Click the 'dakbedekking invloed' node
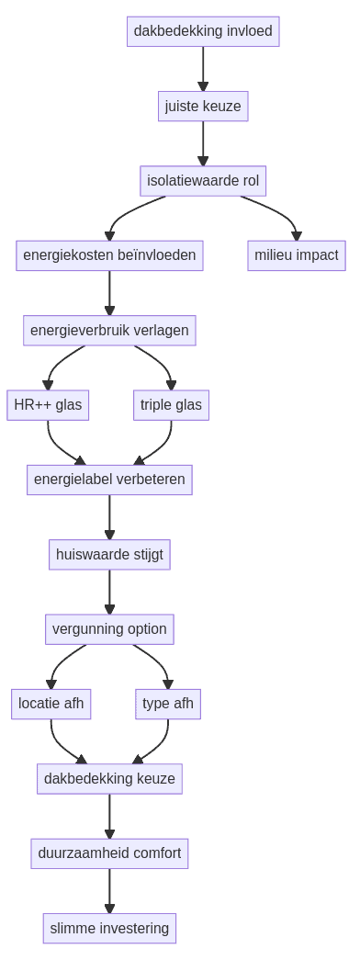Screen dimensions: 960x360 tap(203, 31)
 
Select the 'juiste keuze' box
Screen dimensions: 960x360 tap(203, 107)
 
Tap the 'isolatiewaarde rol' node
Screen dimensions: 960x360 tap(203, 181)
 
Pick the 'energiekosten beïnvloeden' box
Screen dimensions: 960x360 tap(109, 255)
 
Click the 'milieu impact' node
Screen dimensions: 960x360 tap(297, 255)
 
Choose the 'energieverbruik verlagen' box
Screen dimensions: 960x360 tap(109, 331)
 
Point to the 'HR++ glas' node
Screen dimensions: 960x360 tap(48, 405)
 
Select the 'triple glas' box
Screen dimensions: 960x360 tap(171, 405)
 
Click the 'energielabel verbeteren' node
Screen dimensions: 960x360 tap(109, 480)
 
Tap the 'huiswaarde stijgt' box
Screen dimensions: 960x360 tap(109, 555)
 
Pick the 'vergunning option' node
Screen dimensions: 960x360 tap(109, 629)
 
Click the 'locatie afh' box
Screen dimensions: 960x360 tap(51, 705)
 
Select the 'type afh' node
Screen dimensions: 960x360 tap(168, 705)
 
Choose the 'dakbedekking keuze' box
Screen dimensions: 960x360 tap(109, 779)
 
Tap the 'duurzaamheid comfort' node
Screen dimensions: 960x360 tap(109, 853)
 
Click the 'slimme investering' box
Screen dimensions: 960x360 tap(109, 929)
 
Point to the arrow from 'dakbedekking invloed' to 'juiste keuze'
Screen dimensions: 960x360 tap(203, 69)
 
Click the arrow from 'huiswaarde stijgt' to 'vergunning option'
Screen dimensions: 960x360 tap(109, 592)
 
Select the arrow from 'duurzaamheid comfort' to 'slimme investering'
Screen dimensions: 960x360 tap(109, 891)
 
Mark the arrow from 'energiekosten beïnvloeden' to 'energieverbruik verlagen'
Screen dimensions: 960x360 tap(109, 293)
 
